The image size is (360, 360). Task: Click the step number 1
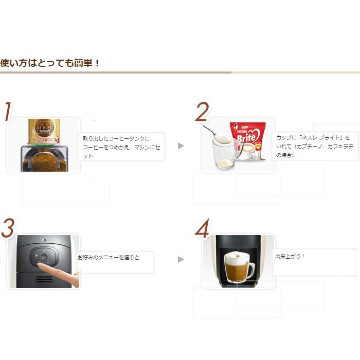(x=7, y=112)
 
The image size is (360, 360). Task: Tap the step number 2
(x=202, y=112)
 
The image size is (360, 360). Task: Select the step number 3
(x=7, y=229)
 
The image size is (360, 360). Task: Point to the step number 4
(x=202, y=229)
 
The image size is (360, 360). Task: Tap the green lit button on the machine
(x=44, y=257)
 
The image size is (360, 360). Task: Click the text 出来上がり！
(x=291, y=256)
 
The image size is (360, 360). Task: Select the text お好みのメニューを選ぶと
(x=109, y=257)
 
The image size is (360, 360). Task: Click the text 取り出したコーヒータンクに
(x=116, y=138)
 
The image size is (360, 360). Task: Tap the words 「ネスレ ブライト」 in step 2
(x=322, y=138)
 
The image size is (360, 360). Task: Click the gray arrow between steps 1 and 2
(x=181, y=146)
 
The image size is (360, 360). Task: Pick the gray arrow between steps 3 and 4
(x=181, y=259)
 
